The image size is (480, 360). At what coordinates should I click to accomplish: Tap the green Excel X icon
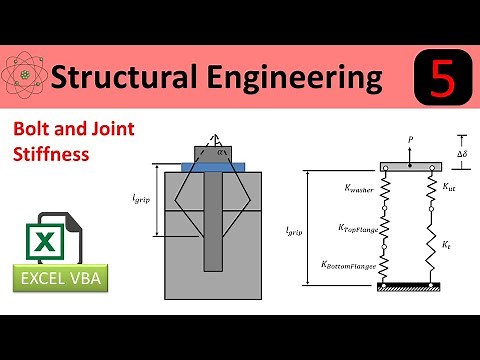(x=43, y=238)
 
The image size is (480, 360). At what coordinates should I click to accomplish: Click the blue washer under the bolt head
(x=220, y=166)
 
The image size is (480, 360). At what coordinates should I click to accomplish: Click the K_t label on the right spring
(x=447, y=242)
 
